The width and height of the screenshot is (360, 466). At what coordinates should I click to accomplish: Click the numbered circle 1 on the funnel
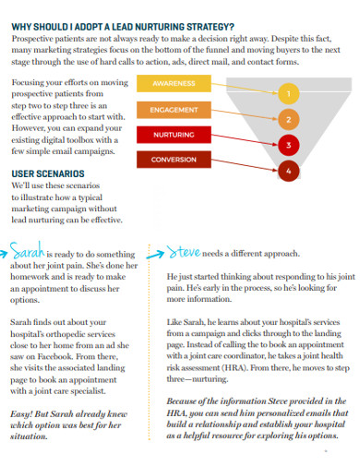pyautogui.click(x=288, y=92)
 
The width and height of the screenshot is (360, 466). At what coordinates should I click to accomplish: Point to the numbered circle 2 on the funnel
pyautogui.click(x=288, y=119)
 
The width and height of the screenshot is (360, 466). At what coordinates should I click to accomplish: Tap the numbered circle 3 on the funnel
pyautogui.click(x=288, y=145)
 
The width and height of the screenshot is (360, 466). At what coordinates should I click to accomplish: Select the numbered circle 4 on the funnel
pyautogui.click(x=288, y=171)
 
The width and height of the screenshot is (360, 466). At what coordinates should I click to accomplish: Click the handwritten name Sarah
pyautogui.click(x=30, y=249)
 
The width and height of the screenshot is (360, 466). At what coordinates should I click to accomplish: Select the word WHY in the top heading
pyautogui.click(x=22, y=26)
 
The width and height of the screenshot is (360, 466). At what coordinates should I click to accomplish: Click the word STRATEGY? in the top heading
pyautogui.click(x=207, y=26)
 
